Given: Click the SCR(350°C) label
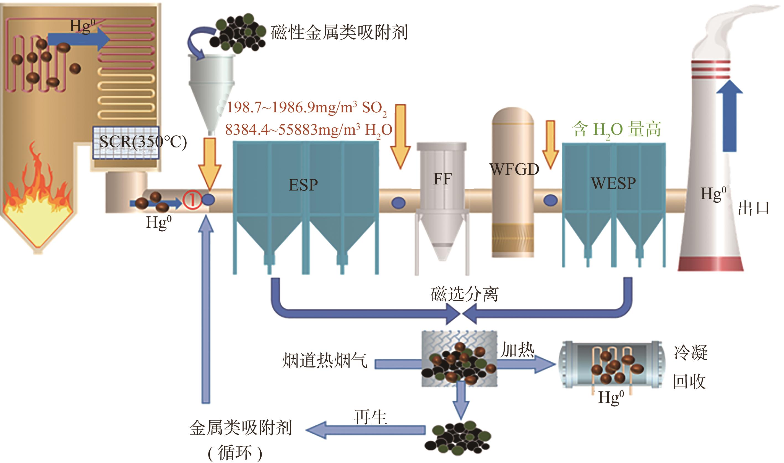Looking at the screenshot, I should tap(143, 142).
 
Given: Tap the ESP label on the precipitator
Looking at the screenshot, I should tap(303, 185).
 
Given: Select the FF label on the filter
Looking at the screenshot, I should tap(442, 179).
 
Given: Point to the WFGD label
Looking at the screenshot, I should tap(514, 170).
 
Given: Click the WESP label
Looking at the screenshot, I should tap(613, 183).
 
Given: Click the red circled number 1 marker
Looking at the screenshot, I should tap(192, 200).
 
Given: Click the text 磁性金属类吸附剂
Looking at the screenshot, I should tap(339, 33).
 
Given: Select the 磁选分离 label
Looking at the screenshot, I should tap(464, 294).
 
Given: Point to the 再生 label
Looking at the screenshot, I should tap(370, 417).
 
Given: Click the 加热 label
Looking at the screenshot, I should tap(517, 350).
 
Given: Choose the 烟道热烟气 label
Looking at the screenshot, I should tap(325, 361).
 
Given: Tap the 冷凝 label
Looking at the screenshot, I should tap(691, 353).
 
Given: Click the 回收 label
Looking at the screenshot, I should tap(689, 382).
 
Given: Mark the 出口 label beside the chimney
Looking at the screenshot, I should tap(753, 208).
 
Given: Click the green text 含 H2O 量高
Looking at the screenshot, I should tap(616, 129).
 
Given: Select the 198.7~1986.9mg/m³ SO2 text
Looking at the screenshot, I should tap(306, 108).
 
